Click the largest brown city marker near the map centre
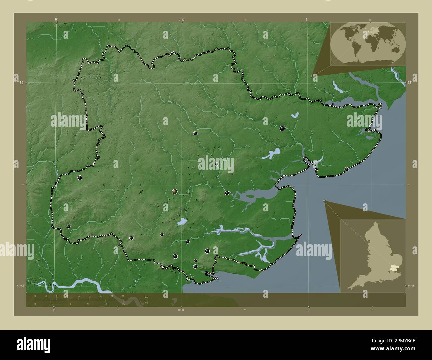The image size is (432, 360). (175, 191)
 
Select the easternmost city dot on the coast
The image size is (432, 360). (347, 169)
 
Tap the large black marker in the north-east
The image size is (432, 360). (282, 129)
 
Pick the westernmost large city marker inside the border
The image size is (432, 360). (80, 178)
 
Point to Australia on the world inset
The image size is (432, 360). (395, 49)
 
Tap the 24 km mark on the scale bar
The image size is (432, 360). (123, 296)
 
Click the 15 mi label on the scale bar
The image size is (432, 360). (123, 304)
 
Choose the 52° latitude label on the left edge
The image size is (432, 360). (21, 82)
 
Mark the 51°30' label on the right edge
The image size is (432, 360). (411, 286)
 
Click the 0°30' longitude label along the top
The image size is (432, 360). (181, 20)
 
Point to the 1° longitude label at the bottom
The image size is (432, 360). (308, 310)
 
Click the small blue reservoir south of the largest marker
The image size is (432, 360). (182, 222)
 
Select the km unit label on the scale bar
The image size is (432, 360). (146, 297)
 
